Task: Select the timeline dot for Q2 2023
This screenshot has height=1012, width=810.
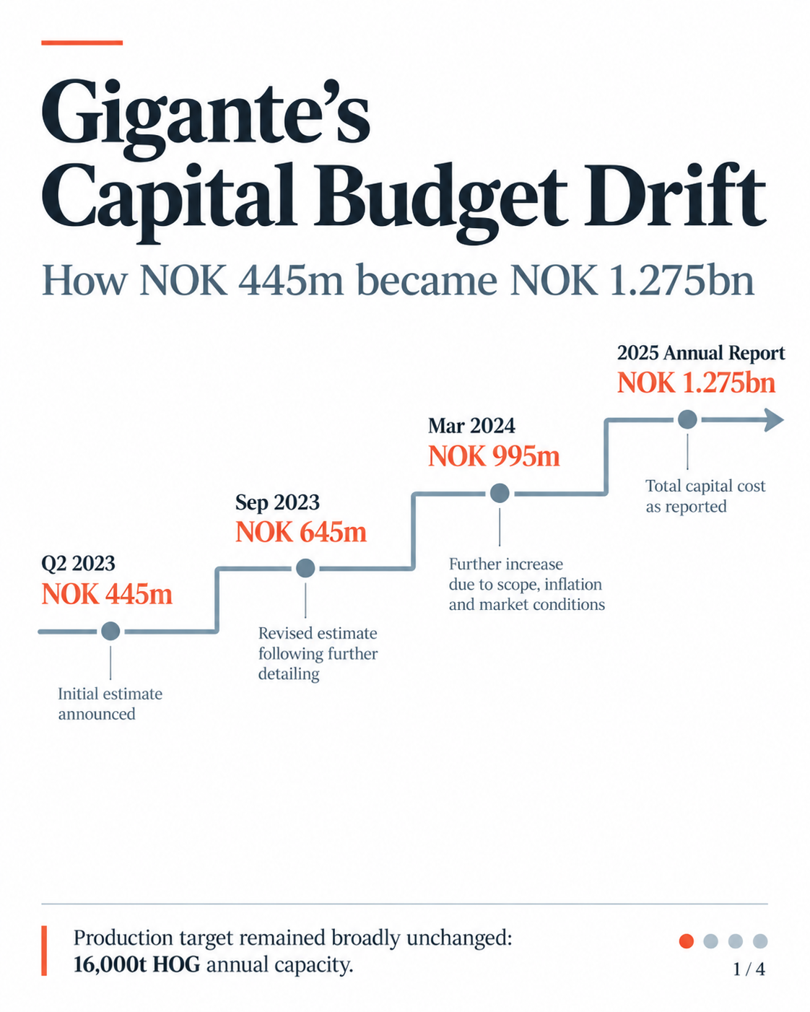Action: (110, 631)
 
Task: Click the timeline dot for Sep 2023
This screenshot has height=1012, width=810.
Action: (305, 568)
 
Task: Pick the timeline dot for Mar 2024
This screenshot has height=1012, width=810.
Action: (500, 493)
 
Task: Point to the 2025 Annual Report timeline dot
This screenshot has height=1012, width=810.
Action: (687, 419)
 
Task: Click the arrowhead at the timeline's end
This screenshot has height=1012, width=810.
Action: (774, 419)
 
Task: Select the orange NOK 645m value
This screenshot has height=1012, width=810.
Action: (301, 533)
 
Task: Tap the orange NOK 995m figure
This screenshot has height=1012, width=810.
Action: (494, 457)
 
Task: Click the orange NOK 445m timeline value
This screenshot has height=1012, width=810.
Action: (108, 594)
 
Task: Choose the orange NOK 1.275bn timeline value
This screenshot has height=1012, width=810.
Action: (696, 383)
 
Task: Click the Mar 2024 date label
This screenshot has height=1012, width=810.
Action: (471, 426)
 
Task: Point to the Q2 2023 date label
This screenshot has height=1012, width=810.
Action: (78, 563)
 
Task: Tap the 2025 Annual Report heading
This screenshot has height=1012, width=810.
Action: (701, 353)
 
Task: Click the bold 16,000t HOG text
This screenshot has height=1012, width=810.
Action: (137, 965)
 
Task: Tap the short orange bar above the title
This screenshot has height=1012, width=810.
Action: (82, 43)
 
